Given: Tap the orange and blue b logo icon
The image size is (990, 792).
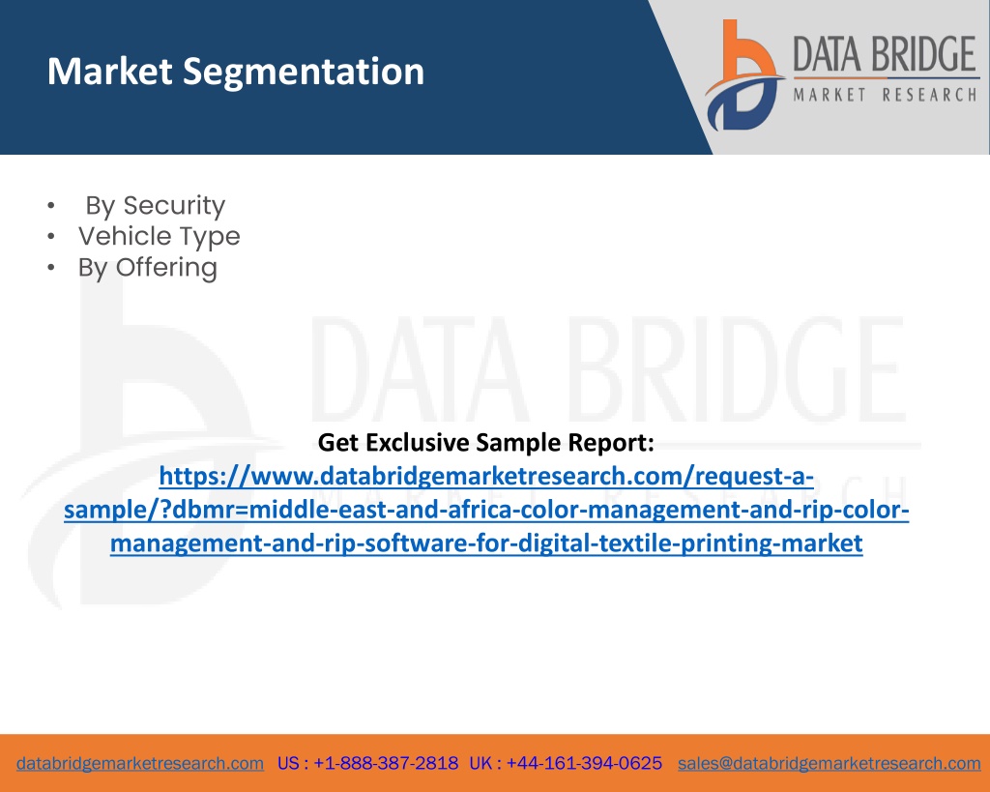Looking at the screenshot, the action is click(x=743, y=75).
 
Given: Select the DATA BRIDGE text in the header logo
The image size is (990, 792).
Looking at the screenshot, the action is click(x=885, y=54).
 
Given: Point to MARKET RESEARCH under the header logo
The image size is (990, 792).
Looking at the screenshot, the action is click(x=886, y=95).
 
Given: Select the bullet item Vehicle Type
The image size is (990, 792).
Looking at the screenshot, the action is click(x=160, y=237).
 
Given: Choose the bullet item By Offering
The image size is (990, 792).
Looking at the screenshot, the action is click(x=148, y=268).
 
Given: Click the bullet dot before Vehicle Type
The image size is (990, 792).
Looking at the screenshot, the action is click(x=51, y=237).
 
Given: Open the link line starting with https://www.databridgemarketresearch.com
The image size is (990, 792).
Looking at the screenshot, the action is click(x=486, y=476).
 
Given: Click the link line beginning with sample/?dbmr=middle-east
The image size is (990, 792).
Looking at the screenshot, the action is click(x=486, y=510).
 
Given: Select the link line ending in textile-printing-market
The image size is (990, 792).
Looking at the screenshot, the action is click(x=486, y=543).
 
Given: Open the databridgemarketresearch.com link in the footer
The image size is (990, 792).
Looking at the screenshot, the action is click(x=140, y=764).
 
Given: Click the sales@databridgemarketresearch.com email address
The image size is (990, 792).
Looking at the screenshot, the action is click(x=829, y=764).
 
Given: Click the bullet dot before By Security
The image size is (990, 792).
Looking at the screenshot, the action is click(x=51, y=206).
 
